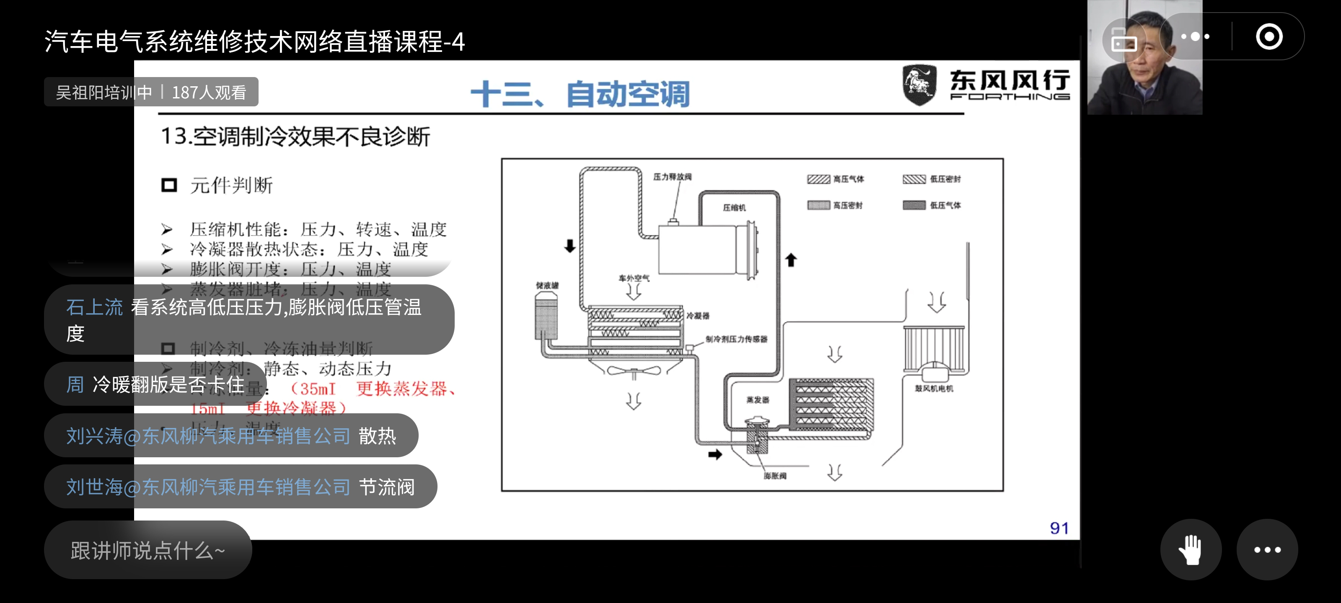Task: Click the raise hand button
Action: click(1190, 549)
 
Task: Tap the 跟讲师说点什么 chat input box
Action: click(148, 550)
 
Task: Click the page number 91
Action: click(1059, 528)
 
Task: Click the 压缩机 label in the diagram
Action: click(734, 208)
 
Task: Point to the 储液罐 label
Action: click(547, 285)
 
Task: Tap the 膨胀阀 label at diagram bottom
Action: click(774, 476)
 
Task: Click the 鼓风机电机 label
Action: click(934, 388)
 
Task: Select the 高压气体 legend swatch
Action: click(818, 179)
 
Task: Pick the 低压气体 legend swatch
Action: click(914, 205)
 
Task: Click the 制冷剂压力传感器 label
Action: click(736, 339)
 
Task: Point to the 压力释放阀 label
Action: click(672, 177)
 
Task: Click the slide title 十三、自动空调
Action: click(580, 94)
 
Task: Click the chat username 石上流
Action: click(94, 307)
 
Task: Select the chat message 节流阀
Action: click(387, 487)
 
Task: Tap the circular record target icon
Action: click(1269, 37)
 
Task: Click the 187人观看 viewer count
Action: click(209, 92)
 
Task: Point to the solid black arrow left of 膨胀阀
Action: click(715, 455)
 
